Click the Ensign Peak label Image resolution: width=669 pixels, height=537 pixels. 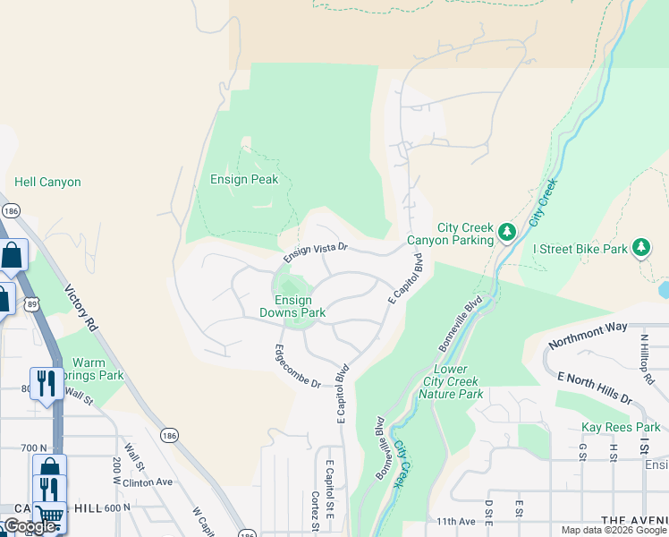244,179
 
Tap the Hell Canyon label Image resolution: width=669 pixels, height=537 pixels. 47,182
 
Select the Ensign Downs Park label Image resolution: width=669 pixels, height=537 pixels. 292,306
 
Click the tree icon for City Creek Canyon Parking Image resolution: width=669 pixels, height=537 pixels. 507,233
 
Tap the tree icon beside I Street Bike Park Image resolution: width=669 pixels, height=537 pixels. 640,246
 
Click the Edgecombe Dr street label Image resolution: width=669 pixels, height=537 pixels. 298,366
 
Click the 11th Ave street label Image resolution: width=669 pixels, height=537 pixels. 456,521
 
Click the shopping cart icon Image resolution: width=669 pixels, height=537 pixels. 50,516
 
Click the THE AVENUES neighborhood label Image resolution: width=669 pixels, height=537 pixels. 634,521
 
